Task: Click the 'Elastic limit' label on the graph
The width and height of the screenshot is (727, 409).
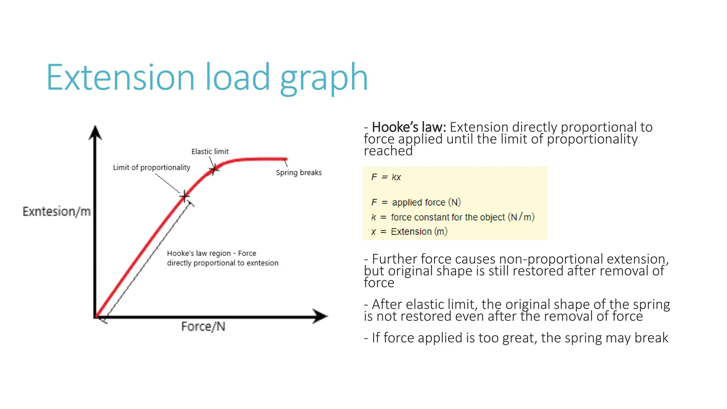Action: click(x=210, y=152)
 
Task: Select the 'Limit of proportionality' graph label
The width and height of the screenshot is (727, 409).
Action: click(x=152, y=168)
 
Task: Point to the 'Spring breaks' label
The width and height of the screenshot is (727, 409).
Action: click(x=299, y=173)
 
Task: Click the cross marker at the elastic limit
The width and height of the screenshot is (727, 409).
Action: click(x=213, y=170)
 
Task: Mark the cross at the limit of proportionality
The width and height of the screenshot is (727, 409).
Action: click(x=184, y=196)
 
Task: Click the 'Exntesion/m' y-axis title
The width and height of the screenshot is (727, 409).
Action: click(x=56, y=212)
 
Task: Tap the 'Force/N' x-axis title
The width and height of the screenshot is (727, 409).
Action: click(x=203, y=327)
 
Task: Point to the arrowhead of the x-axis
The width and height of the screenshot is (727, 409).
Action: click(x=320, y=316)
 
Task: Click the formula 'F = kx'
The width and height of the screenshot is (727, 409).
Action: click(x=386, y=177)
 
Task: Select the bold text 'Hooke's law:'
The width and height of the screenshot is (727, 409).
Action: click(x=409, y=127)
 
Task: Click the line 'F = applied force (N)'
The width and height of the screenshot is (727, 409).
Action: click(x=416, y=202)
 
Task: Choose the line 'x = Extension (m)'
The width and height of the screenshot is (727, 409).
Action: click(x=409, y=232)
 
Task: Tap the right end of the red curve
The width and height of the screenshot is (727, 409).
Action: click(x=286, y=159)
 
